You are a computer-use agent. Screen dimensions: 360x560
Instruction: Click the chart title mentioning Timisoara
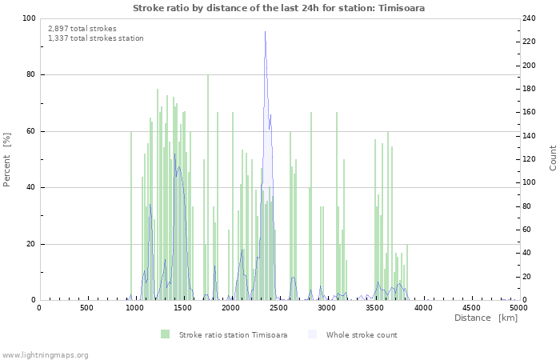(x=279, y=8)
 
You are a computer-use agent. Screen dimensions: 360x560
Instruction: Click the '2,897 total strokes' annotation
(x=82, y=29)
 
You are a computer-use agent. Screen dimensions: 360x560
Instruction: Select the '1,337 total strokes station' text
(x=96, y=38)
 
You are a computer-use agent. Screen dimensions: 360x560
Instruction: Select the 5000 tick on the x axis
(x=518, y=307)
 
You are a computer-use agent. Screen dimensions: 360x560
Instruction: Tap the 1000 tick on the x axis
(x=134, y=307)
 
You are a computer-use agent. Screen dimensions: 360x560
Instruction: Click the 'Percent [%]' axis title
(x=7, y=159)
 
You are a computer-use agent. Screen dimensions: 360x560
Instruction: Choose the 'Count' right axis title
(x=553, y=158)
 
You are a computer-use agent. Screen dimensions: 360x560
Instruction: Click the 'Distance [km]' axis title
(x=486, y=318)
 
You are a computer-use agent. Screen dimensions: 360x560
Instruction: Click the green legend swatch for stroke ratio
(x=165, y=334)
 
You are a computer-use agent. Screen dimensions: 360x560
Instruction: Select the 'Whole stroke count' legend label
(x=362, y=334)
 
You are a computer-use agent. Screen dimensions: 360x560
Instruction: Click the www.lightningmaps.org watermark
(x=45, y=355)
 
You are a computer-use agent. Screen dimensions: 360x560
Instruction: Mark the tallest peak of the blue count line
(x=266, y=32)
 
